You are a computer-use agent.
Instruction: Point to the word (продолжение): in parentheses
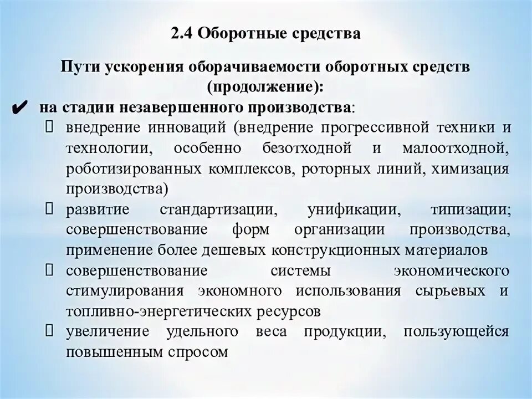(x=265, y=87)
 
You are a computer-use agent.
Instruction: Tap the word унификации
(x=354, y=210)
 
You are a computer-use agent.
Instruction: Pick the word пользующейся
(x=456, y=331)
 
